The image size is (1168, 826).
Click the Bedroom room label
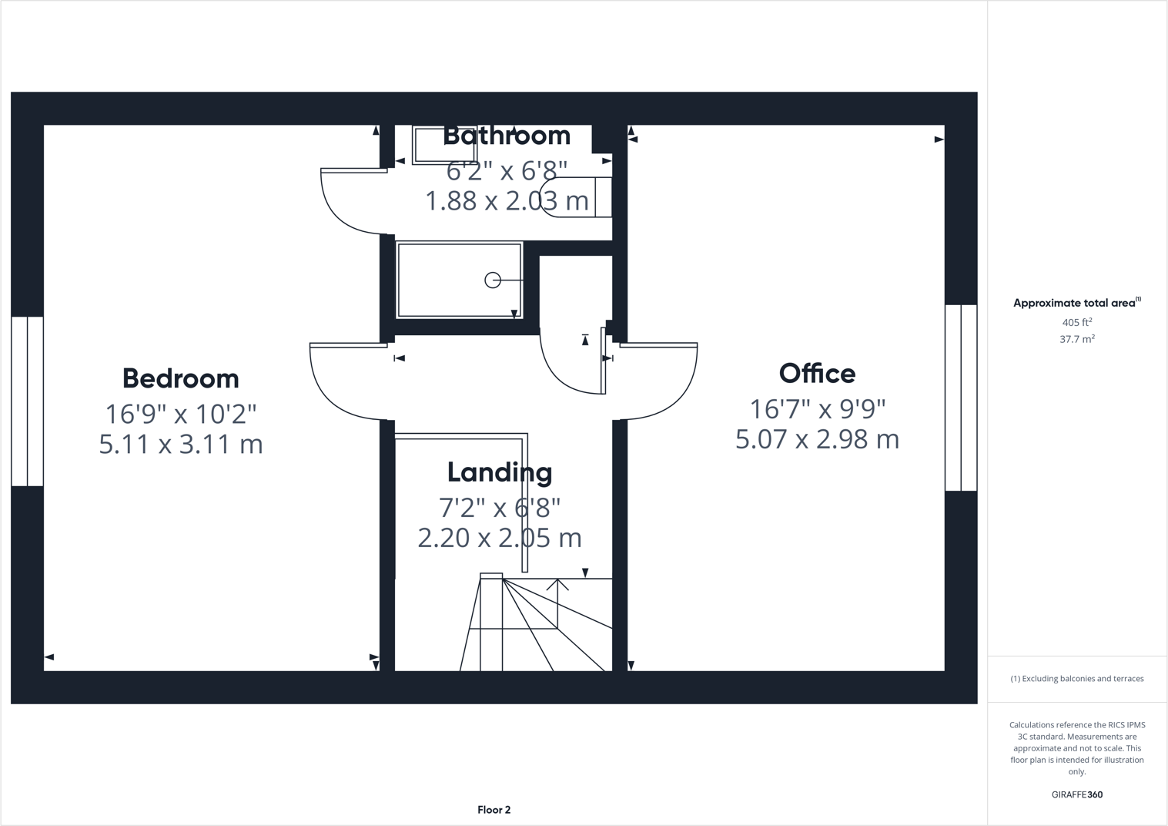(181, 378)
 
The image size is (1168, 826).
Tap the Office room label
(817, 374)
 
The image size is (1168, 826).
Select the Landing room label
(500, 472)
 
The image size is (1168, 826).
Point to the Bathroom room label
(507, 136)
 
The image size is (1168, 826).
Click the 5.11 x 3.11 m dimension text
(181, 445)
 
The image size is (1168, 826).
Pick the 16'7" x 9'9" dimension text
(817, 408)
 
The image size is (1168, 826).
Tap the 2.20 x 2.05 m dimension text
(500, 538)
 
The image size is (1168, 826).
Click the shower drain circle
(493, 280)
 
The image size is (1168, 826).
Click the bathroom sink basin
(434, 146)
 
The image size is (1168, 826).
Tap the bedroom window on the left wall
(28, 401)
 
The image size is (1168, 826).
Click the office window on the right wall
(961, 398)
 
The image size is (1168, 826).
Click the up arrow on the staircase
(557, 586)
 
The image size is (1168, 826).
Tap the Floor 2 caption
(494, 810)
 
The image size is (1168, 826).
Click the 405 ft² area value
(1076, 323)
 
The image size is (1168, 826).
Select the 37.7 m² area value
(1076, 339)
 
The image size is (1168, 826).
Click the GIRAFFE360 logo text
(1076, 794)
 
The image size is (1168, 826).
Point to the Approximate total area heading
(1076, 303)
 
